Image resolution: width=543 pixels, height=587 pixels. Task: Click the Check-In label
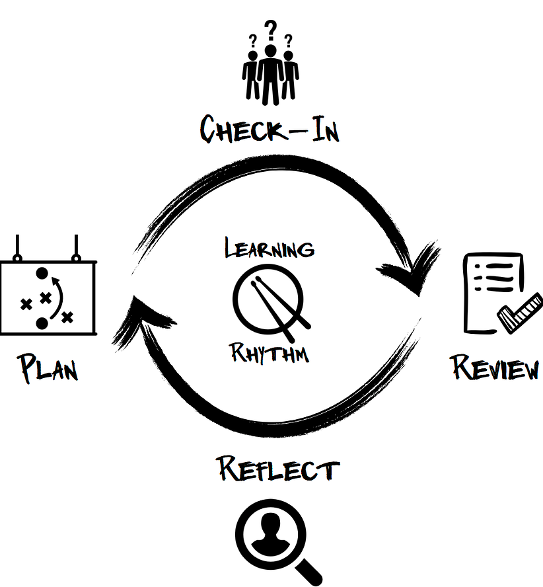pyautogui.click(x=270, y=128)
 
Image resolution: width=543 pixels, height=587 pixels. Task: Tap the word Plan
pyautogui.click(x=48, y=368)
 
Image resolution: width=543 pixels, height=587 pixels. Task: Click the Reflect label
pyautogui.click(x=278, y=469)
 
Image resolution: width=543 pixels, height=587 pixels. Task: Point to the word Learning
pyautogui.click(x=270, y=249)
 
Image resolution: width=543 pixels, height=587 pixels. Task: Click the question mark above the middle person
pyautogui.click(x=270, y=30)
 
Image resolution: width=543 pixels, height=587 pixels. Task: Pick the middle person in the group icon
pyautogui.click(x=270, y=73)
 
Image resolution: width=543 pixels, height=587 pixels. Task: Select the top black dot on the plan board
pyautogui.click(x=42, y=272)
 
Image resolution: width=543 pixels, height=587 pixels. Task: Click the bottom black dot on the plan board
pyautogui.click(x=42, y=323)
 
